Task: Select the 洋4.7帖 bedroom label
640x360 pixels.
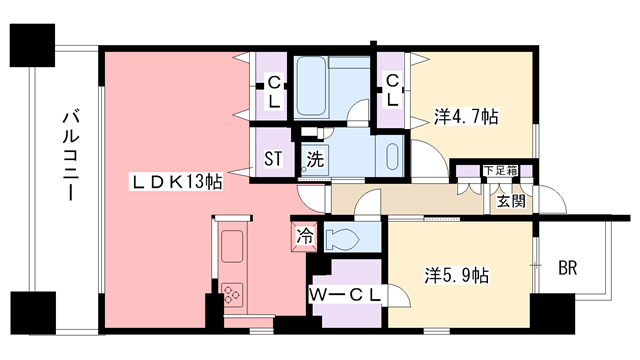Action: click(466, 116)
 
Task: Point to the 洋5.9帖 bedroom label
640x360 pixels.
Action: click(455, 272)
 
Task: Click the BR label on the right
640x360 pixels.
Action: click(567, 267)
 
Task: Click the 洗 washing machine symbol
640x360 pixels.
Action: click(315, 158)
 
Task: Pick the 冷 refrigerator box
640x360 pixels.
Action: click(304, 238)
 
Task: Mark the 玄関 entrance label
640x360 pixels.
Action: click(511, 200)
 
